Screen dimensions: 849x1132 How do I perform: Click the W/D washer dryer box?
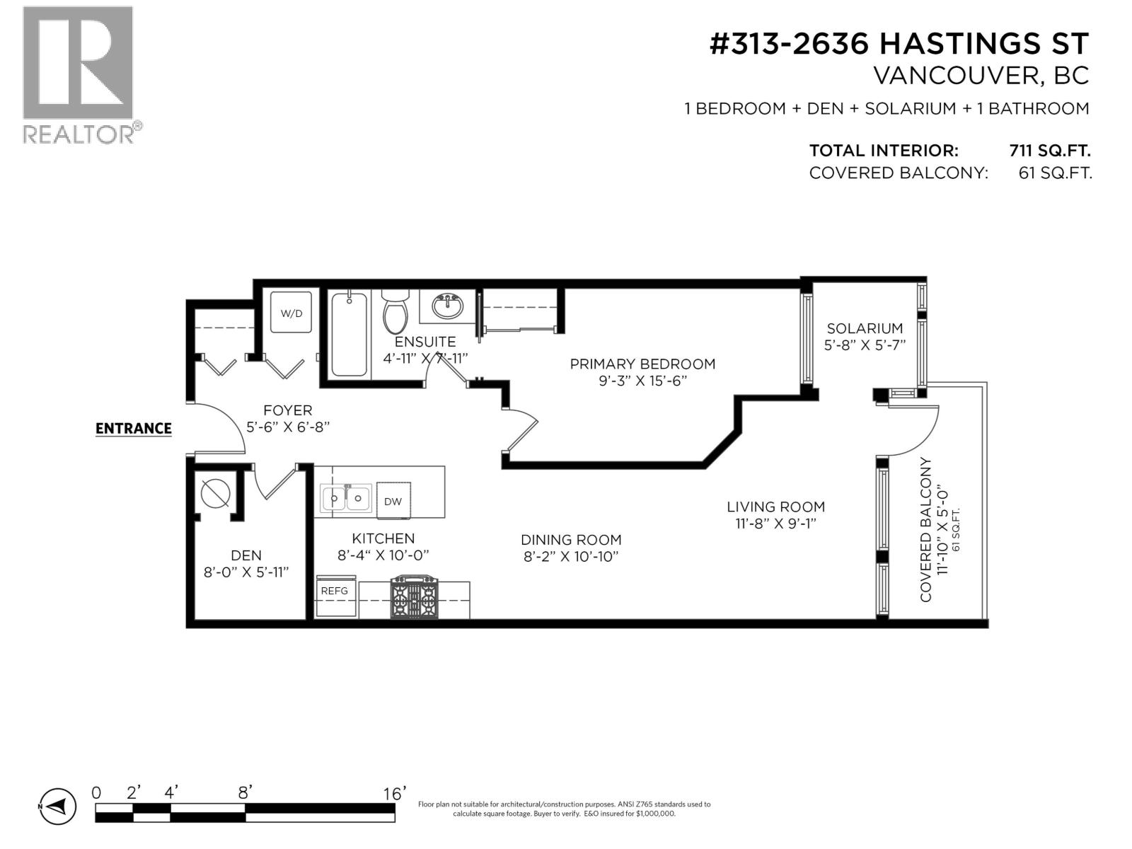(291, 312)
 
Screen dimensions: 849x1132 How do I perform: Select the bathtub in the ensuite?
(349, 335)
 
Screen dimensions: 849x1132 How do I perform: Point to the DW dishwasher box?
(393, 501)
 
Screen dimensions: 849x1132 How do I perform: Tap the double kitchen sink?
(346, 499)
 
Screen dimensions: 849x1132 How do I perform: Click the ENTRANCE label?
(134, 429)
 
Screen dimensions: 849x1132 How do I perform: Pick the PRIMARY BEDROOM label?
(642, 364)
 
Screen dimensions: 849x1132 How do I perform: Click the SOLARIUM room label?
(865, 328)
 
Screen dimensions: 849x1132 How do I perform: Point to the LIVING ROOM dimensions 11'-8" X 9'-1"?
(776, 524)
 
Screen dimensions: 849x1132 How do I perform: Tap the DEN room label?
(246, 556)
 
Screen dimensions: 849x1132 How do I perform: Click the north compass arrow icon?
(57, 806)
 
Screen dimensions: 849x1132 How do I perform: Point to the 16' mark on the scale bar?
(395, 794)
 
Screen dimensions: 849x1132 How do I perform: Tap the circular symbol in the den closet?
(216, 493)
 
